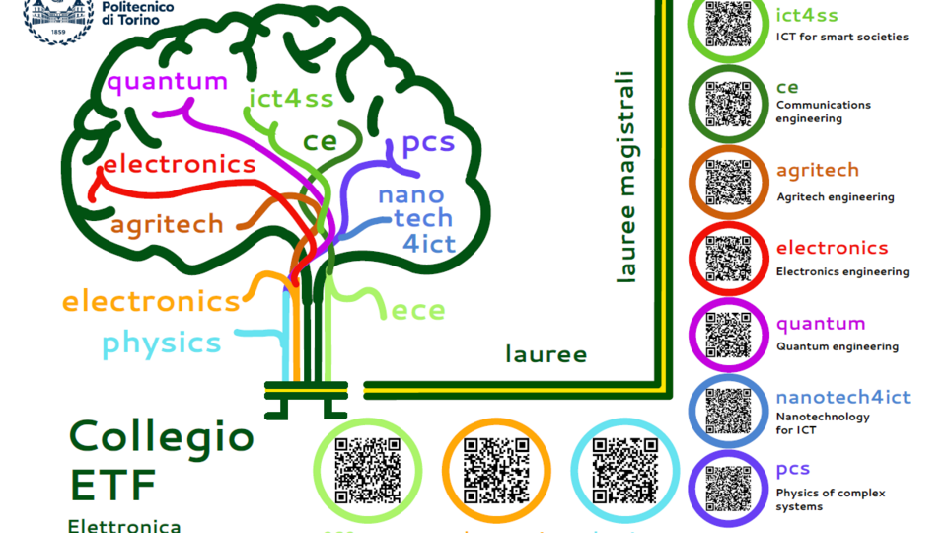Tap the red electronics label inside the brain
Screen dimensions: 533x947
pos(179,164)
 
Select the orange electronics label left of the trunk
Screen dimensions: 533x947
pos(151,300)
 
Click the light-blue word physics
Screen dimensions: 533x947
pos(161,343)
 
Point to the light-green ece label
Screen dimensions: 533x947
pos(418,311)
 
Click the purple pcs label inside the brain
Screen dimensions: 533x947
pos(427,145)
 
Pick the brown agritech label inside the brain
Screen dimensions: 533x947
pos(167,224)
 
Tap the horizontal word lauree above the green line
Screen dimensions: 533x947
pos(546,354)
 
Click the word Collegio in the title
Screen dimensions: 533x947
pos(162,436)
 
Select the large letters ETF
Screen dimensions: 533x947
pos(112,484)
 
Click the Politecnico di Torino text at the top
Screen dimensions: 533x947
pos(137,13)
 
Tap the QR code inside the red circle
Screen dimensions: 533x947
pos(729,260)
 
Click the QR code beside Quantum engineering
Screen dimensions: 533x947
pos(729,336)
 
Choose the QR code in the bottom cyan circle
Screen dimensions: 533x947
pos(624,468)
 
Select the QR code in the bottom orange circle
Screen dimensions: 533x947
pos(496,468)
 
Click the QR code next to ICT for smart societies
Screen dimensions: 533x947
pos(729,23)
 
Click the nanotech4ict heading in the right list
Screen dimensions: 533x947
pos(842,397)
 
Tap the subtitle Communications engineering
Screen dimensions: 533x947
pos(824,112)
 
